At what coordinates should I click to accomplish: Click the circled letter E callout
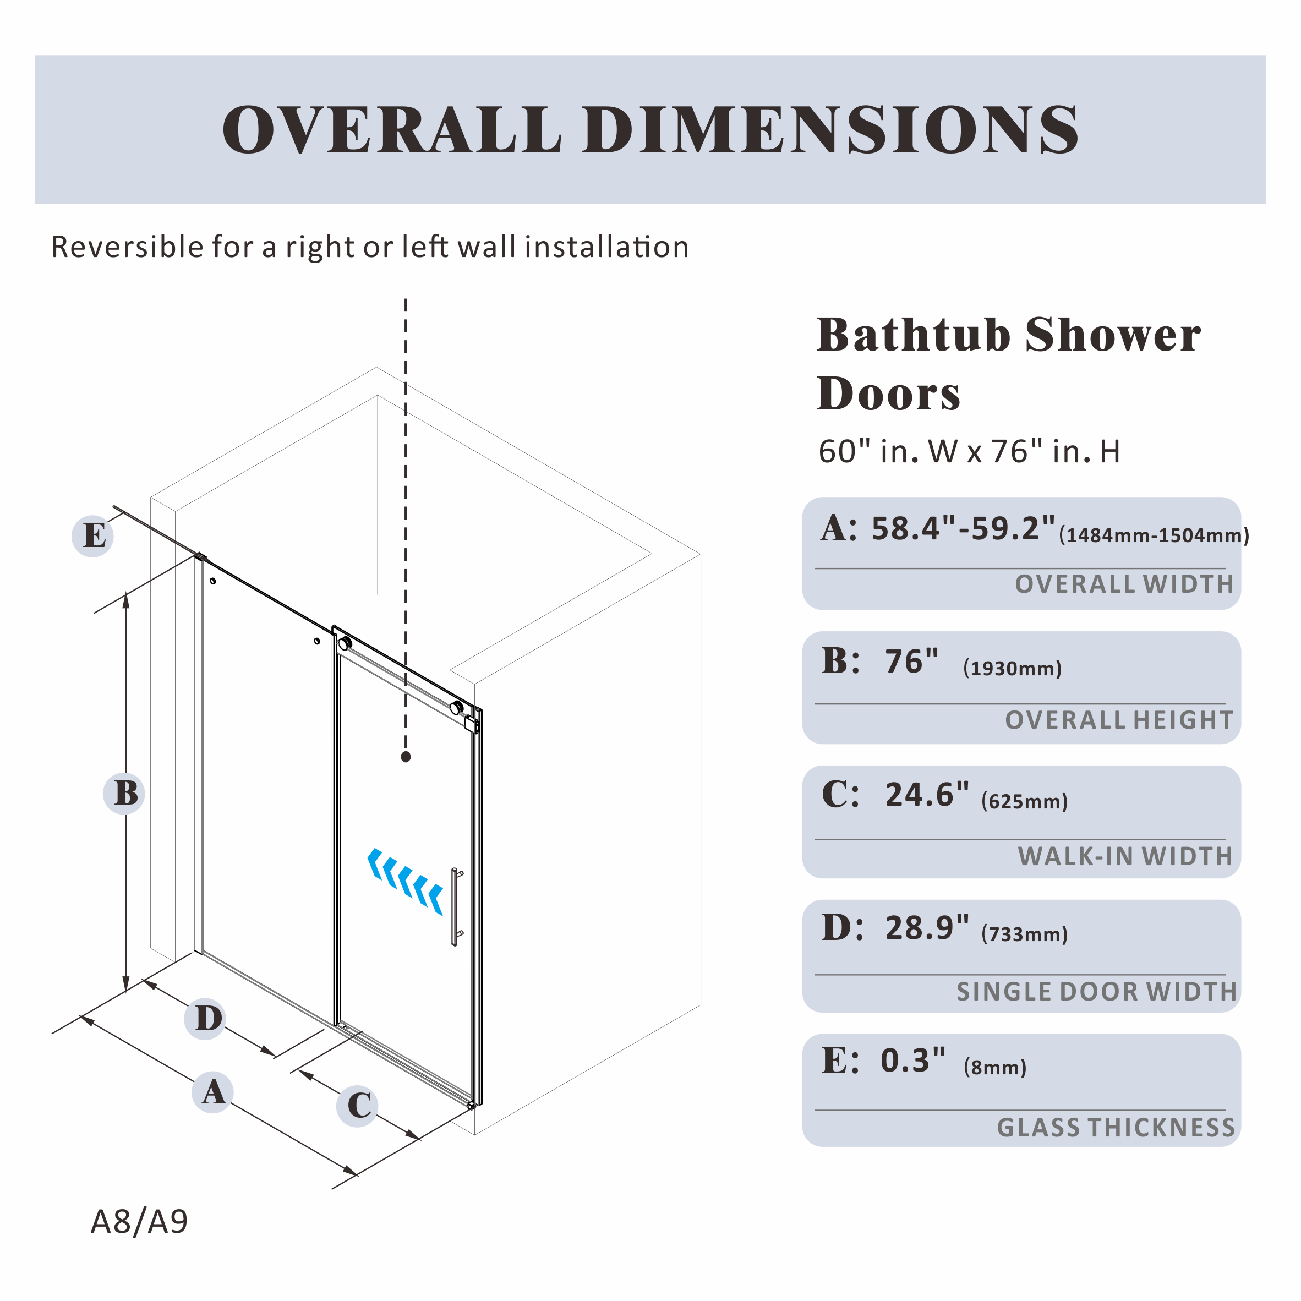[x=93, y=536]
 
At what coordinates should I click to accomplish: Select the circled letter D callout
[x=206, y=1018]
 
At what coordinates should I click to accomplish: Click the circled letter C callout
[x=358, y=1106]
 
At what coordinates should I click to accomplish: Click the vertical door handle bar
[x=455, y=906]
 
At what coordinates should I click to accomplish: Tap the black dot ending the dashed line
[x=406, y=757]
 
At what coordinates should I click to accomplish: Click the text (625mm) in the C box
[x=1024, y=801]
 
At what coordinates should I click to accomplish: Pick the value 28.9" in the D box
[x=927, y=928]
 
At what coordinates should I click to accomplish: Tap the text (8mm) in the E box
[x=994, y=1067]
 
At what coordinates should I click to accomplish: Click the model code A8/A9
[x=139, y=1221]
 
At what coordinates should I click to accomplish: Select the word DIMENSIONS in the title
[x=832, y=130]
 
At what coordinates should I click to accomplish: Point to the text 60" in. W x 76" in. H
[x=969, y=451]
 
